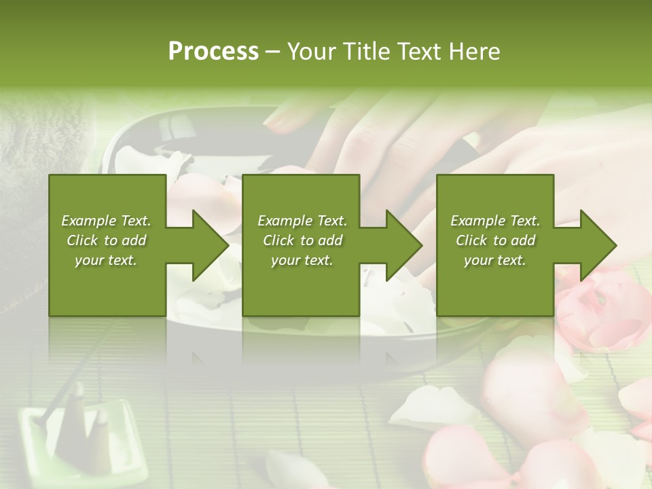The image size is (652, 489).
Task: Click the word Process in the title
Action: click(213, 51)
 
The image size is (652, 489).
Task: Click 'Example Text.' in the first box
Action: click(106, 221)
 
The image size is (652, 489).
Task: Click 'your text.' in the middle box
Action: click(302, 260)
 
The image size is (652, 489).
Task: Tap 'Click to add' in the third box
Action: click(495, 240)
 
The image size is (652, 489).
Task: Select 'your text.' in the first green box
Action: click(106, 260)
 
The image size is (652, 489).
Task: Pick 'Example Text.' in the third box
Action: click(495, 221)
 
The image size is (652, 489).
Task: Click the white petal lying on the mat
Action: click(435, 407)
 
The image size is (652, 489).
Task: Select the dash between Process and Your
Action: click(272, 51)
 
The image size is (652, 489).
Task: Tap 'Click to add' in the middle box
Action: click(302, 240)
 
